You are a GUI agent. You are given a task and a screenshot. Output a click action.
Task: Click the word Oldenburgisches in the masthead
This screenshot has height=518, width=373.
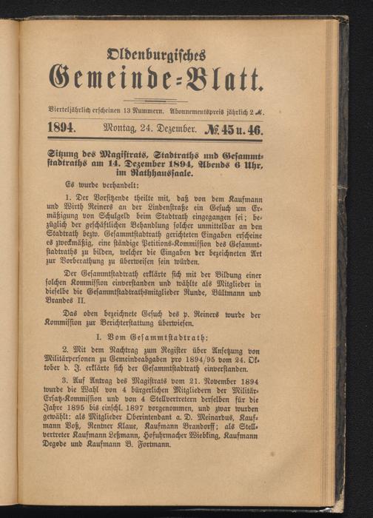[x=155, y=54]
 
